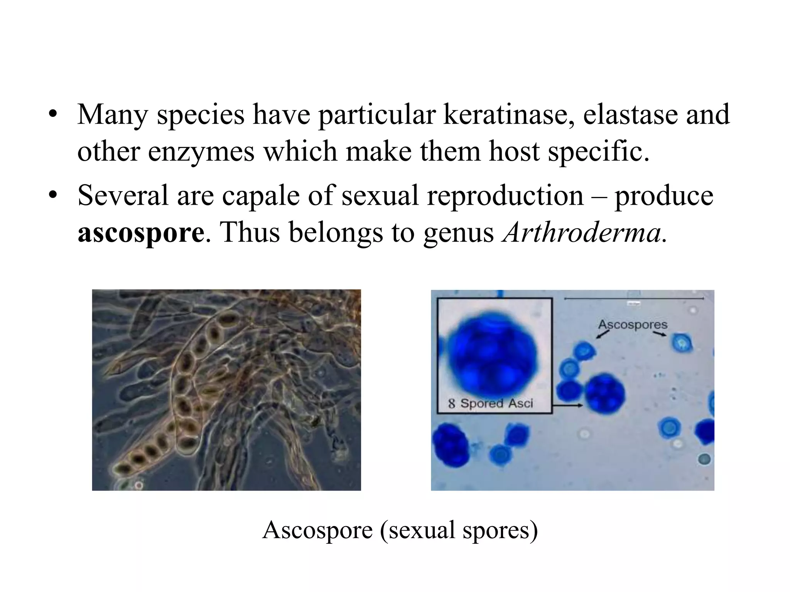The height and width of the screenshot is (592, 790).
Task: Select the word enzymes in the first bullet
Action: (x=201, y=152)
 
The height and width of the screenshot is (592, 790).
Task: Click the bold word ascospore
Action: (x=141, y=233)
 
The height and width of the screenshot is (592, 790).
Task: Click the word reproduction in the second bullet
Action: (x=505, y=196)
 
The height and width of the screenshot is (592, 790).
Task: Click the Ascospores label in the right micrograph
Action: (x=633, y=325)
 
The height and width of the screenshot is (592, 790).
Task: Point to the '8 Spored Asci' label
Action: (x=490, y=404)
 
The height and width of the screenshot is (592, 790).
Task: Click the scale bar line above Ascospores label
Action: (x=633, y=298)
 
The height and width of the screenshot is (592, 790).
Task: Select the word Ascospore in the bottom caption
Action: (x=317, y=531)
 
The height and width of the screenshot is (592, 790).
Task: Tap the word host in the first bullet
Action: (x=514, y=151)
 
